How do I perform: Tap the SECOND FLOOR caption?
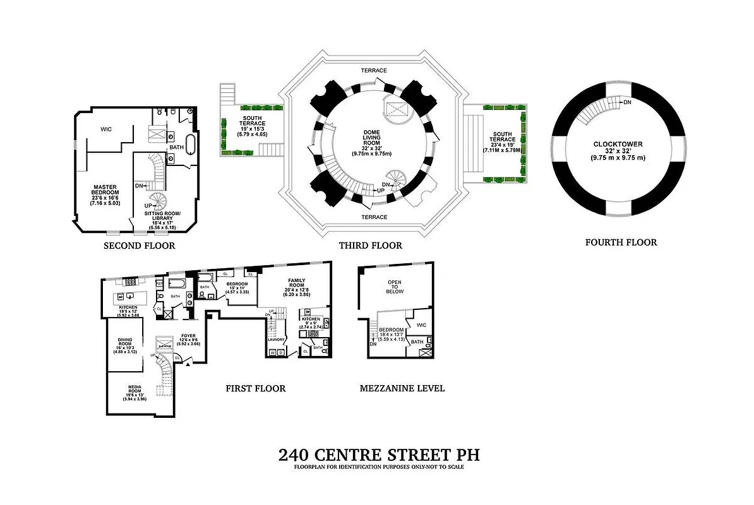(x=139, y=246)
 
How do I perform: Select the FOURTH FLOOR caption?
(x=621, y=242)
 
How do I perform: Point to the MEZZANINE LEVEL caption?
(x=402, y=388)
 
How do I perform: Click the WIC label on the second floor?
(x=106, y=129)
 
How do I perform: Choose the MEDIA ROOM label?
(x=135, y=387)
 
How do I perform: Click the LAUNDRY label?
(x=277, y=340)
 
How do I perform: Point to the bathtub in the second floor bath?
(x=190, y=142)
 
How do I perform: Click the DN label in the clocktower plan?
(x=627, y=102)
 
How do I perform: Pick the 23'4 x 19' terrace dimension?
(x=503, y=145)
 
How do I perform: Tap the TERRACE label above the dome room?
(x=374, y=71)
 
